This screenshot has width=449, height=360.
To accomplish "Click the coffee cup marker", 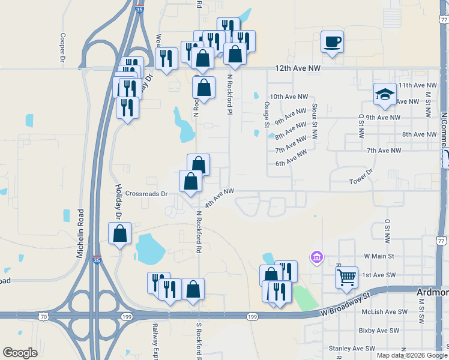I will [x=332, y=42].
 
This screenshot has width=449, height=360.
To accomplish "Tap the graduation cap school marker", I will [x=385, y=94].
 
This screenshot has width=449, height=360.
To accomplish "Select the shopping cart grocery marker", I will [x=346, y=278].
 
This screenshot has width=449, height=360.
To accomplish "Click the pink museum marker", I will [x=316, y=257].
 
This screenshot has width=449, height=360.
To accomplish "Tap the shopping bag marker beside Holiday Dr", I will [x=119, y=233].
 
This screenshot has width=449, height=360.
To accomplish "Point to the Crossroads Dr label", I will [x=146, y=194].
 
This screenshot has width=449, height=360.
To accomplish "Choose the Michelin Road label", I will [x=80, y=234].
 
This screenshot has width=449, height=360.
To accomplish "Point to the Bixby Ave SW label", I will [x=378, y=331].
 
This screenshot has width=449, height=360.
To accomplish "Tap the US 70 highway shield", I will [x=43, y=314].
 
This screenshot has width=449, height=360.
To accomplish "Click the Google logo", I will [x=20, y=353].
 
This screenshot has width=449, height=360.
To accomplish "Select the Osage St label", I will [x=266, y=114].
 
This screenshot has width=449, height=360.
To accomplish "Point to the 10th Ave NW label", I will [x=289, y=97].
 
